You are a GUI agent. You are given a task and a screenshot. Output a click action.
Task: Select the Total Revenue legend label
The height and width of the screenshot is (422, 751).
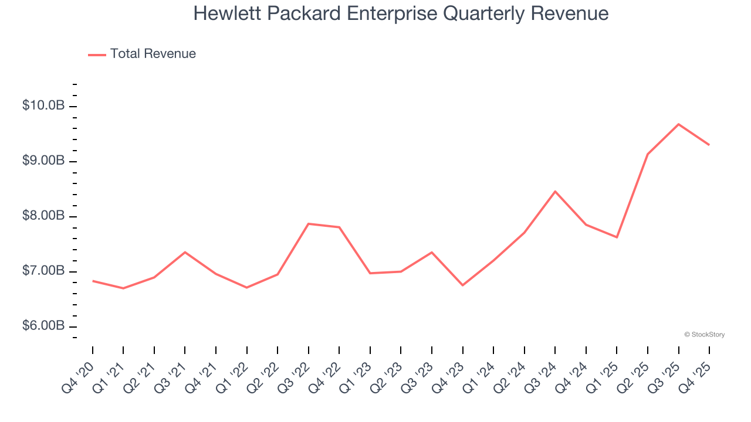[153, 54]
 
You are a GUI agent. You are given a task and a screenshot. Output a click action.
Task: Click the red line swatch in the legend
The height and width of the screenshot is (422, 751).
[97, 55]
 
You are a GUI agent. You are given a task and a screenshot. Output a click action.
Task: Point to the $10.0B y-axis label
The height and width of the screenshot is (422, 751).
[43, 106]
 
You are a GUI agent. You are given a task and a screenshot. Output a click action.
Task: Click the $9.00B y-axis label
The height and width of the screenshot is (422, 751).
[43, 161]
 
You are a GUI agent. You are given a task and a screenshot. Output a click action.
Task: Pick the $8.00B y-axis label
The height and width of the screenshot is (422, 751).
[43, 216]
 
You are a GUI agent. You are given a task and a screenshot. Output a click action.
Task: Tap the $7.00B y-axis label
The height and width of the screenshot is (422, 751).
[43, 271]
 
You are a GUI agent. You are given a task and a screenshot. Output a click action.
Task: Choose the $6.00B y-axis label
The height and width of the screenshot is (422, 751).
[43, 326]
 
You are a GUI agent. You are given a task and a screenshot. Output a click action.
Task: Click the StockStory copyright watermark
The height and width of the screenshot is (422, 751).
[704, 335]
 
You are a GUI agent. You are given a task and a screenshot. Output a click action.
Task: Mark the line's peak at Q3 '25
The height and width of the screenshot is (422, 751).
[678, 124]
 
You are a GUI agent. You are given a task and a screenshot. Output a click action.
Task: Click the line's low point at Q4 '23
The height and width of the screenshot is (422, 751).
[462, 285]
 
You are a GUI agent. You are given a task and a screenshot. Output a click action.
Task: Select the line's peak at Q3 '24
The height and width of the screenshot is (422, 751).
[555, 191]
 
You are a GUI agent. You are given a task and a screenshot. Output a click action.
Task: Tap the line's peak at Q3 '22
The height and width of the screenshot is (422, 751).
[309, 224]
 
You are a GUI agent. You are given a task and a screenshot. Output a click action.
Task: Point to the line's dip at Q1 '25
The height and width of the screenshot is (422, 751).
[617, 237]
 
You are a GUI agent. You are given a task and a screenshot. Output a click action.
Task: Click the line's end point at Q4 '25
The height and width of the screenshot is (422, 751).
[709, 145]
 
